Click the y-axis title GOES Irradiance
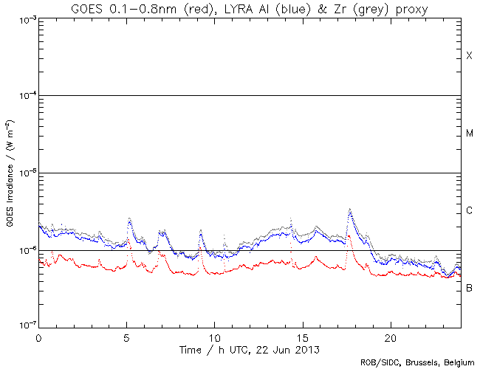pyautogui.click(x=10, y=173)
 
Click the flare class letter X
pyautogui.click(x=469, y=57)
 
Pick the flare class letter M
pyautogui.click(x=470, y=134)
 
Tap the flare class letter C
pyautogui.click(x=469, y=211)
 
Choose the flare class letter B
pyautogui.click(x=469, y=287)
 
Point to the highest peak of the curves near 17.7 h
pyautogui.click(x=349, y=210)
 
